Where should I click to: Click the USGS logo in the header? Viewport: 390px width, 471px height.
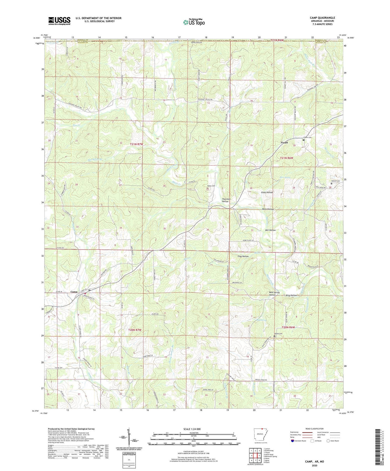tap(59, 21)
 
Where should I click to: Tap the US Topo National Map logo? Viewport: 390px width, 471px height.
tap(194, 22)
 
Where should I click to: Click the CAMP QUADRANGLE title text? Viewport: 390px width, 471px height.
tap(322, 18)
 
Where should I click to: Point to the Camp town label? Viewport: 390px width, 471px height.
tap(74, 292)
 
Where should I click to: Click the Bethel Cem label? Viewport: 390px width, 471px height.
tap(335, 181)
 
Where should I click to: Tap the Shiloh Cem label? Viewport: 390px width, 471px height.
tap(278, 334)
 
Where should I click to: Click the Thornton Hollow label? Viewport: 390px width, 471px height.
tap(226, 200)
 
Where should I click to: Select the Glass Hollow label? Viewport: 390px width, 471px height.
tap(267, 192)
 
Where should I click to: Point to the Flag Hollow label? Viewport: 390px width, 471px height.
tap(243, 256)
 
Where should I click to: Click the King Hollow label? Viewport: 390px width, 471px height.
tap(291, 295)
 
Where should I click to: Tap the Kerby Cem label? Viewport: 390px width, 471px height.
tap(211, 186)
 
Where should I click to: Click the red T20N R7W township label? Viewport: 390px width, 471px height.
tap(135, 330)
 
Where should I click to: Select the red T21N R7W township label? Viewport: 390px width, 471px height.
tap(136, 144)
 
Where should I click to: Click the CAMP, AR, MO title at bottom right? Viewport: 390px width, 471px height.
tap(314, 462)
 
